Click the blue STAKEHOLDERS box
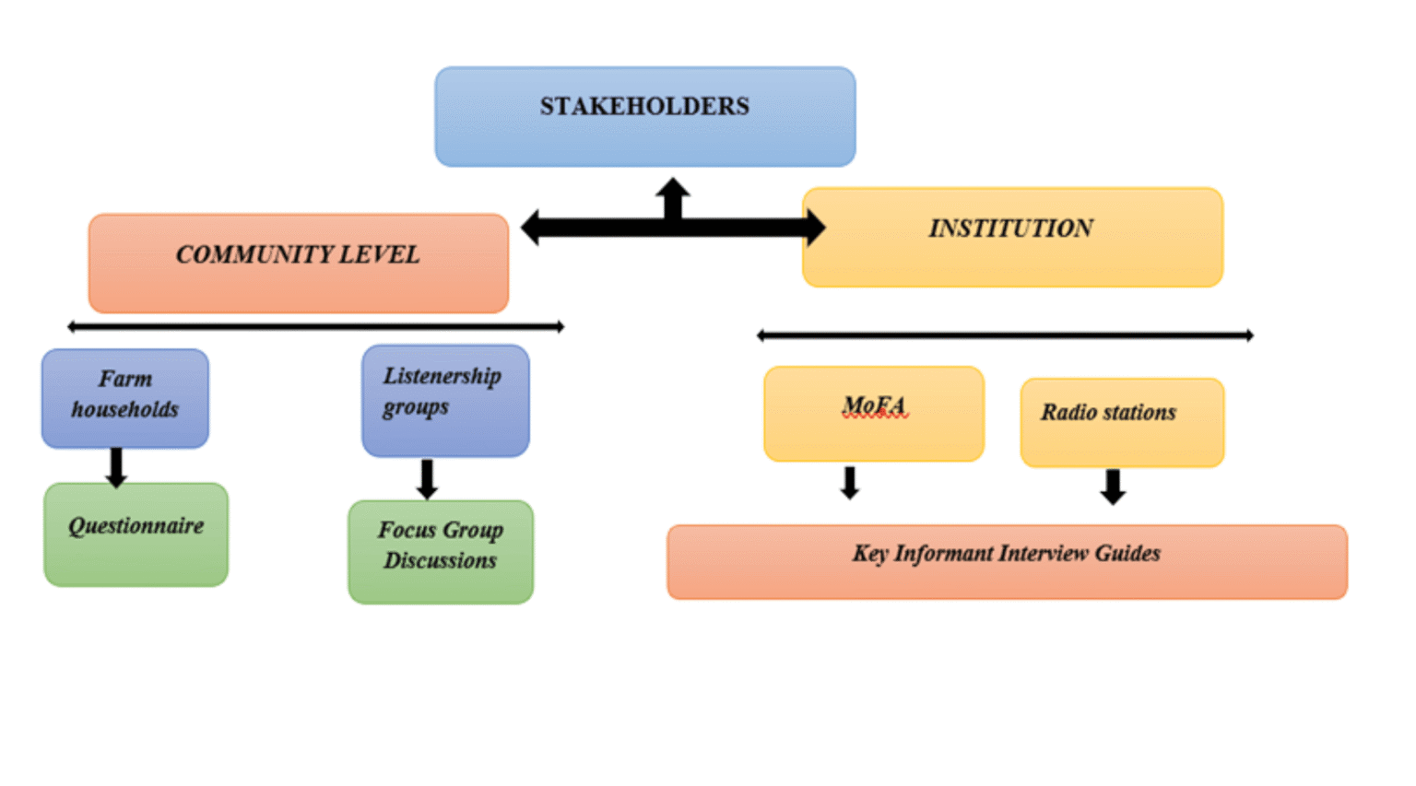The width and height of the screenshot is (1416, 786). (x=644, y=116)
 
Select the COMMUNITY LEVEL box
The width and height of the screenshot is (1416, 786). (x=298, y=264)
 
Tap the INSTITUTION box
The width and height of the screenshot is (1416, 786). (x=1012, y=237)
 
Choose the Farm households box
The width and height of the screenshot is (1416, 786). (x=125, y=398)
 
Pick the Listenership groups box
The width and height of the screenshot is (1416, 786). (x=445, y=401)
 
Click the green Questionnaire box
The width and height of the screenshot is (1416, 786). (x=136, y=534)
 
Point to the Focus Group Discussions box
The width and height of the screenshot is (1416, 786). (x=441, y=551)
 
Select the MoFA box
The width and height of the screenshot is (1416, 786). (x=874, y=414)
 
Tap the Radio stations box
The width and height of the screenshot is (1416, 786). (x=1122, y=422)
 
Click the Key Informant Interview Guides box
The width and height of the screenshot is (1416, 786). (x=1007, y=562)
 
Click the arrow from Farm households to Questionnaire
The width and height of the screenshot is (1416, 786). (x=116, y=467)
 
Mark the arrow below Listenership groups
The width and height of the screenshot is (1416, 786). (x=427, y=479)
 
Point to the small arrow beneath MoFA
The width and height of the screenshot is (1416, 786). (x=850, y=483)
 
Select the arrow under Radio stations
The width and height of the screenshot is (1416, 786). (x=1113, y=487)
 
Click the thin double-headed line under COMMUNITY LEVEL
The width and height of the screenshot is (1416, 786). (x=315, y=326)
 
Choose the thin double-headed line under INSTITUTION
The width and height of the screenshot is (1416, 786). (x=1005, y=335)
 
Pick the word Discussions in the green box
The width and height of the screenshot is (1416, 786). (x=440, y=561)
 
